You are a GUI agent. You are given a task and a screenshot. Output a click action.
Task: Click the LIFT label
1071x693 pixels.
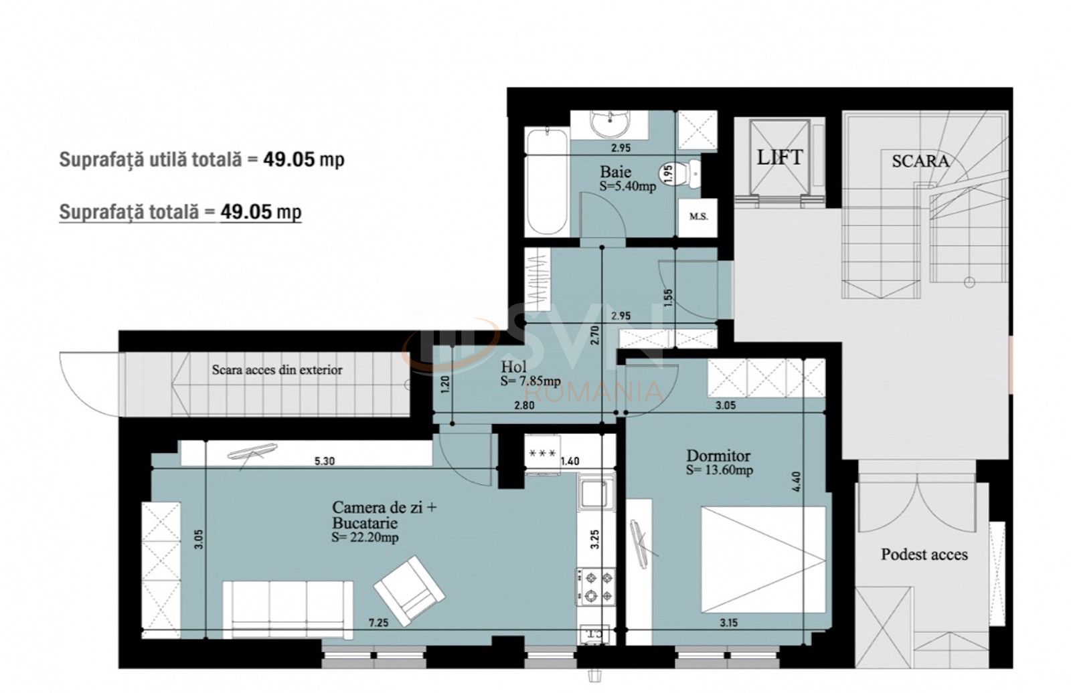779,158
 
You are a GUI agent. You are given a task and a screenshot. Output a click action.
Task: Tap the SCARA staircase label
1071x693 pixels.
920,161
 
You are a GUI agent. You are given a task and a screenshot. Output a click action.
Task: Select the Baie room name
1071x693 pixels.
615,172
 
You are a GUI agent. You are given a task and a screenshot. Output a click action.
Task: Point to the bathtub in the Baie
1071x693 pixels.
546,181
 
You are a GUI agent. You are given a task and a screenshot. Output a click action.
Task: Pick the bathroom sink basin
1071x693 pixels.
610,124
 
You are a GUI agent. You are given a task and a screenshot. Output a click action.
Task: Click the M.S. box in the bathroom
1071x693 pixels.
697,217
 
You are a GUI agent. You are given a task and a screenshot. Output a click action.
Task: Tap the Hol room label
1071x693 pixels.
513,367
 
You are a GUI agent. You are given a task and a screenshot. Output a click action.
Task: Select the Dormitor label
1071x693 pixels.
718,456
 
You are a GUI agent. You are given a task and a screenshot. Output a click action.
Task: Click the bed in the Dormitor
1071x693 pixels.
763,559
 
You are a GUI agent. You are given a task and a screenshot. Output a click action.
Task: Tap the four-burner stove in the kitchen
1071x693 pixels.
595,585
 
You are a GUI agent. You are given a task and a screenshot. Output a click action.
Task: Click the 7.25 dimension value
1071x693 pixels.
378,623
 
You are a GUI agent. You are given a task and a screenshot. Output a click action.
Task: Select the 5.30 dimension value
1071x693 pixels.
324,461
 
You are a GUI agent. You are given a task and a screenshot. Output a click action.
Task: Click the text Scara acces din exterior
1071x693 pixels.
277,370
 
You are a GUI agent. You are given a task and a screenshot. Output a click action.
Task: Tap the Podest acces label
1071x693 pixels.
924,555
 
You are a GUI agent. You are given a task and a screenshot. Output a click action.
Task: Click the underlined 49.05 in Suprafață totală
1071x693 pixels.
246,212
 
